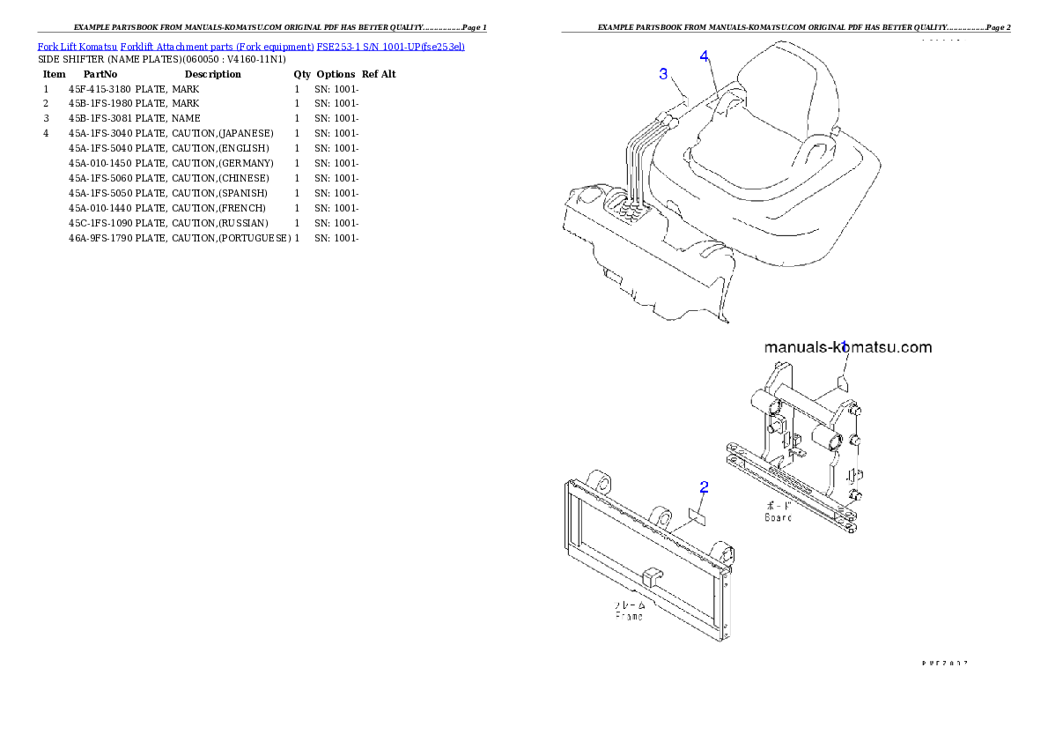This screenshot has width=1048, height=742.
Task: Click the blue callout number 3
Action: (663, 74)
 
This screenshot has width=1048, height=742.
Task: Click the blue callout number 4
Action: (704, 56)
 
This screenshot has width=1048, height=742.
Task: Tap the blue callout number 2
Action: (704, 486)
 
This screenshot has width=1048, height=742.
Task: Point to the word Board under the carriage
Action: (778, 517)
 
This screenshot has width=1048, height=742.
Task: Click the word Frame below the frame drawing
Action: (629, 615)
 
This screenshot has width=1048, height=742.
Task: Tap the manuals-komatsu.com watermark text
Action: (847, 347)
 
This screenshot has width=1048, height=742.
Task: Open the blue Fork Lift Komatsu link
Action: (251, 46)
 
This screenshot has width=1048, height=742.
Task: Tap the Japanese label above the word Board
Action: (778, 506)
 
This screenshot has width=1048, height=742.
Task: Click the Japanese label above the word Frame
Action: (629, 605)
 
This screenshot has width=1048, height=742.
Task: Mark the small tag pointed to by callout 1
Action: (842, 381)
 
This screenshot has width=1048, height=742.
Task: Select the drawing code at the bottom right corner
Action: (945, 662)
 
